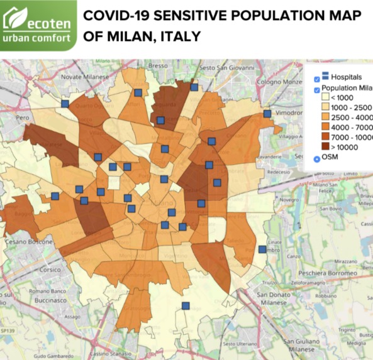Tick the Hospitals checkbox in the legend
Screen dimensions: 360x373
317,79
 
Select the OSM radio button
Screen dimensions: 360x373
317,158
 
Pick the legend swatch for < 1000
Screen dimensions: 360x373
326,97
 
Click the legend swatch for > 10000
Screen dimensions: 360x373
326,146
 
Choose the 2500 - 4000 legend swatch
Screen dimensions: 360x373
326,117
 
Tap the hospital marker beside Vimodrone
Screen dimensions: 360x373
267,114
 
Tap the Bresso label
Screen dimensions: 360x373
158,66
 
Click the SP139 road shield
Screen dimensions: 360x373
6,330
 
